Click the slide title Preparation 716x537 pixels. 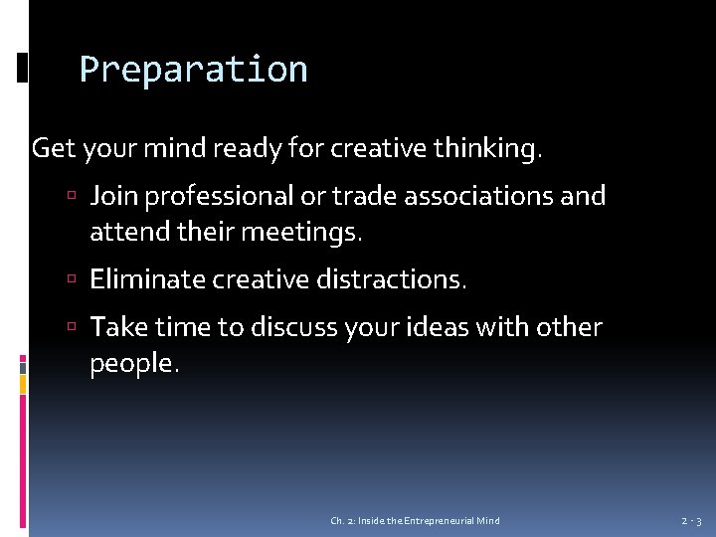coord(193,70)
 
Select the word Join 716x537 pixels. coord(112,196)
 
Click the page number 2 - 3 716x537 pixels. coord(691,521)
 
